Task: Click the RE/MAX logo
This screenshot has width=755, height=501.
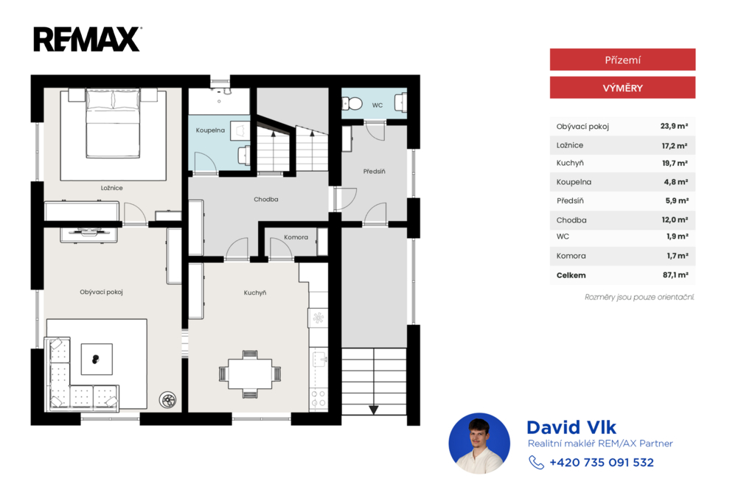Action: coord(87,39)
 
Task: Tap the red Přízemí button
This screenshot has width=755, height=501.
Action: coord(622,60)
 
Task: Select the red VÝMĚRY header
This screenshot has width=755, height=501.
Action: coord(622,88)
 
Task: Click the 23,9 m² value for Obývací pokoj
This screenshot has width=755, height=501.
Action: coord(674,126)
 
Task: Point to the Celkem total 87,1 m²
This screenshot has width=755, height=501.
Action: coord(675,275)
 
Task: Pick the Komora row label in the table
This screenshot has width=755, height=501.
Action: coord(571,256)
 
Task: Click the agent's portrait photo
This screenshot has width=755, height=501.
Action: coord(479,444)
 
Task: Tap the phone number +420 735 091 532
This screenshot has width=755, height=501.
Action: coord(602,463)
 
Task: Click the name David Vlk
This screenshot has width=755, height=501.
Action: coord(571,427)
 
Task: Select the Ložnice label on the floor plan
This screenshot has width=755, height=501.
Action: coord(112,188)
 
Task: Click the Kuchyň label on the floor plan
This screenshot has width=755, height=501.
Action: coord(254,292)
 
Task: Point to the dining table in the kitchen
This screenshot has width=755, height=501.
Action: coord(250,374)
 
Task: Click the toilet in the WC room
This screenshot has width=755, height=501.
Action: coord(352,103)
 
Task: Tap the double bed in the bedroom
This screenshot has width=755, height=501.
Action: coord(113,123)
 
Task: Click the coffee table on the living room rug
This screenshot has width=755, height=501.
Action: coord(97,359)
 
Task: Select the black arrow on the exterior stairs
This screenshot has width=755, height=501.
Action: coord(374,410)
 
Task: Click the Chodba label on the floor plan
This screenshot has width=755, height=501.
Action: coord(265,199)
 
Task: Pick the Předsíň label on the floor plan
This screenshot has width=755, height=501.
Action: coord(374,172)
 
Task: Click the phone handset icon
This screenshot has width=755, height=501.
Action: coord(537,463)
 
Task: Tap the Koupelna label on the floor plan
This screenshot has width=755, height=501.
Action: coord(210,130)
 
